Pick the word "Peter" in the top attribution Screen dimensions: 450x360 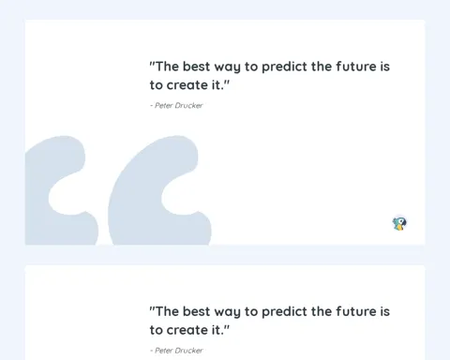[x=164, y=106]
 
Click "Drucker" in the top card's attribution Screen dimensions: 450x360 [x=188, y=106]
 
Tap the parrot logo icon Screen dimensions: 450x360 [x=399, y=224]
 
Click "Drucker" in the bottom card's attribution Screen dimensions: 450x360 [x=188, y=351]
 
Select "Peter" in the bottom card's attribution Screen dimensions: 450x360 [x=164, y=351]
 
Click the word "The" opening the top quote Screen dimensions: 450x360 [x=167, y=67]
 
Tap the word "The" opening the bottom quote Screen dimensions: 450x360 [x=167, y=311]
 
